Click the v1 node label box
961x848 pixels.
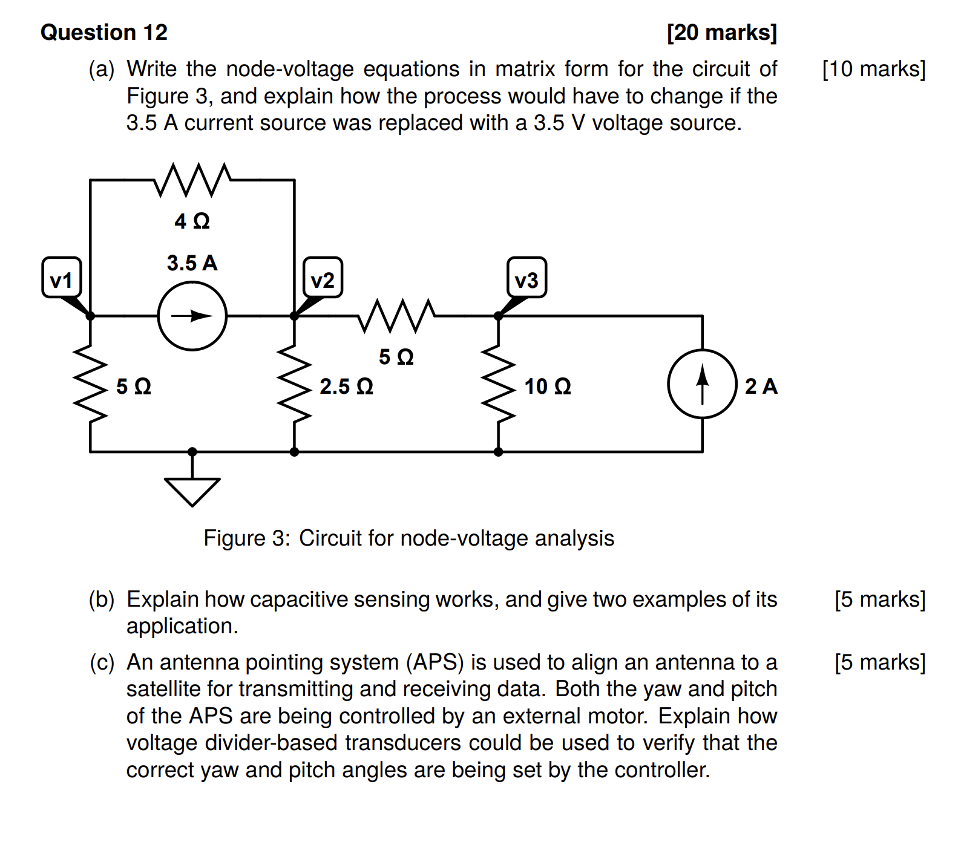coord(61,278)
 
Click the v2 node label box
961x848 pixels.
coord(323,278)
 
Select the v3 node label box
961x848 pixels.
coord(526,278)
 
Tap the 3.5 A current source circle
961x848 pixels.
coord(192,316)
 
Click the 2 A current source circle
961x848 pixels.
coord(702,383)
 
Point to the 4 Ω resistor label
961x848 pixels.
coord(192,221)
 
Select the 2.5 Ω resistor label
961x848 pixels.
coord(346,386)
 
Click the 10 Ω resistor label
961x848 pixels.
coord(547,386)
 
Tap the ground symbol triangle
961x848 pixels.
coord(192,489)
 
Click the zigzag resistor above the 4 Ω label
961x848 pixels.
coord(192,180)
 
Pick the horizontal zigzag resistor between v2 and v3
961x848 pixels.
coord(396,316)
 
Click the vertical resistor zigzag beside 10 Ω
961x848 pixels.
coord(498,383)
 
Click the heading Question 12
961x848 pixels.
coord(104,32)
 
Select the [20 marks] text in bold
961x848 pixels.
coord(721,32)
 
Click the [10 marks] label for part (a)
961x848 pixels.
coord(873,69)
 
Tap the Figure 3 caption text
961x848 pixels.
coord(408,538)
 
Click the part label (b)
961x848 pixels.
coord(101,599)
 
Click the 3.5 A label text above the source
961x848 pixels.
coord(192,263)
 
